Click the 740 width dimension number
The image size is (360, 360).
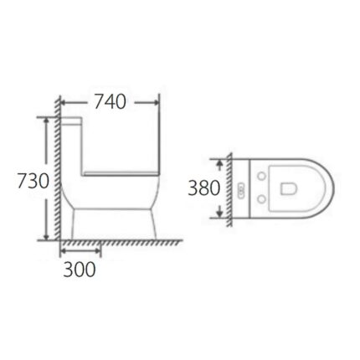[110, 102]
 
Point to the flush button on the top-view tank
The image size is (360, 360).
[242, 189]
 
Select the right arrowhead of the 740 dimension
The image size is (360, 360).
[156, 102]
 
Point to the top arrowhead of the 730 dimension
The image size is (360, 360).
[43, 121]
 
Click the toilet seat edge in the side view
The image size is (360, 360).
[126, 172]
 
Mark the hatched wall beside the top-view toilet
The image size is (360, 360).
[227, 189]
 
